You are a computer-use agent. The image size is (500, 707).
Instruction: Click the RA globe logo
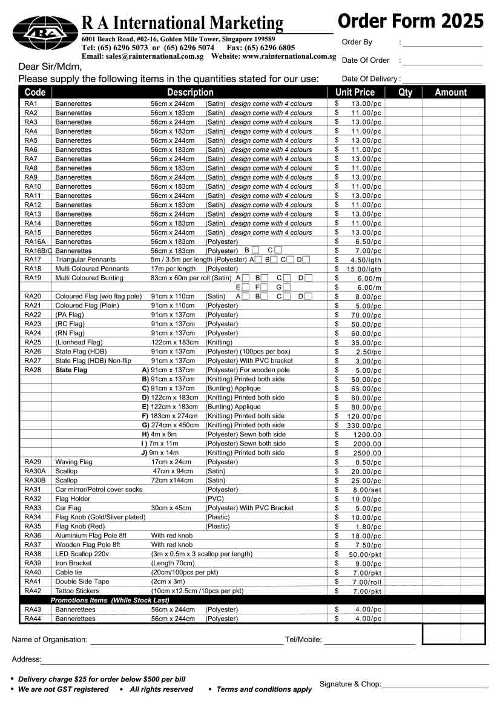45,33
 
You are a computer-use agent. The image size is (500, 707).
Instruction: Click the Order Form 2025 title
410,21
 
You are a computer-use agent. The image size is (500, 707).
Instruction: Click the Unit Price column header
355,93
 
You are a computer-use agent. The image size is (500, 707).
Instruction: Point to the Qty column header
405,93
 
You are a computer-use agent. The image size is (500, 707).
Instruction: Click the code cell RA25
33,343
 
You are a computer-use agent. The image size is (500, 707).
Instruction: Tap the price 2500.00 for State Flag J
367,453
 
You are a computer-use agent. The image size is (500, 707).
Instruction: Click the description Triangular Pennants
85,260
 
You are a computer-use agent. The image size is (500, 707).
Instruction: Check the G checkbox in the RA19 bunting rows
286,288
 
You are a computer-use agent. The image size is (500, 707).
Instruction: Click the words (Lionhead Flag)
79,343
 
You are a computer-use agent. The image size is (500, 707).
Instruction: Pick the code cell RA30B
35,481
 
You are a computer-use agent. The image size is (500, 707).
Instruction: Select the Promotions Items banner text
110,600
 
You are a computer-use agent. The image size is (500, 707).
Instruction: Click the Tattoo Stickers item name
77,591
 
